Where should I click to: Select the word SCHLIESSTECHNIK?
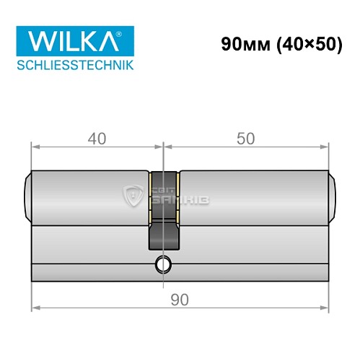click(x=69, y=66)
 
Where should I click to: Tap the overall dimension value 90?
click(x=178, y=299)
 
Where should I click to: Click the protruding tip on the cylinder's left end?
click(x=27, y=194)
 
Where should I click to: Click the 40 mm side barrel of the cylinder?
click(x=90, y=195)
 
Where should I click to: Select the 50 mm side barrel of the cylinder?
click(x=253, y=195)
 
